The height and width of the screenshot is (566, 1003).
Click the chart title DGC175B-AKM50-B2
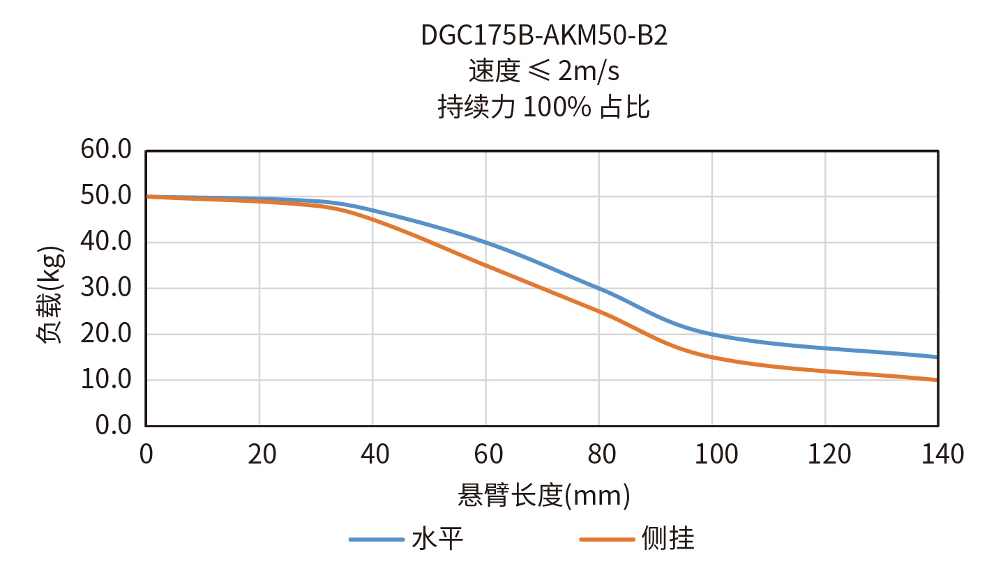(544, 36)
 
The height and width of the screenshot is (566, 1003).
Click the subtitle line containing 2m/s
(544, 71)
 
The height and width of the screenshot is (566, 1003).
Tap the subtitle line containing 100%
(544, 107)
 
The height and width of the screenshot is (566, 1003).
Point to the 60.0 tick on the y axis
(106, 150)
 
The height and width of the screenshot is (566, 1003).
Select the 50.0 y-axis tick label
(106, 196)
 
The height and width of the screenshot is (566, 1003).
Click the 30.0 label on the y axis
(106, 288)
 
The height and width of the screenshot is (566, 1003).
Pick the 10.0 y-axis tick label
(106, 380)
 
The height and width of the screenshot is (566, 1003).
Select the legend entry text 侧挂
(668, 540)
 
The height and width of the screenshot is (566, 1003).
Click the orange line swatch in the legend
(608, 540)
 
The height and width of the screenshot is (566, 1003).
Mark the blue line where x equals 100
(712, 335)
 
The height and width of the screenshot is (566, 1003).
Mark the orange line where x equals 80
(599, 312)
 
